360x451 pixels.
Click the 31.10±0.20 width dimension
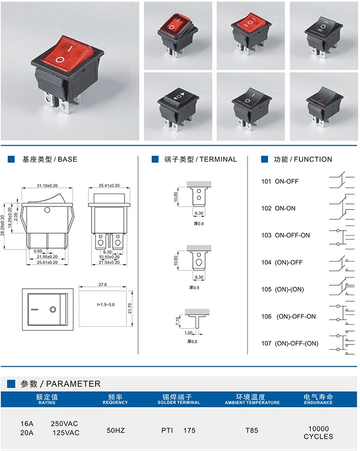[47, 185]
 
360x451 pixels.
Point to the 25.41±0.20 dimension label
[109, 185]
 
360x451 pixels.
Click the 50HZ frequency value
[115, 430]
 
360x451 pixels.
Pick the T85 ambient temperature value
[251, 430]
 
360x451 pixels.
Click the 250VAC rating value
[64, 423]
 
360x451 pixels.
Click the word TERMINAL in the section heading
[218, 160]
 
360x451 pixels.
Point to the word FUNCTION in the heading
[313, 160]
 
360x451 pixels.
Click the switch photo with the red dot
[322, 106]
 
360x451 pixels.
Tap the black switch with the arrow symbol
[176, 106]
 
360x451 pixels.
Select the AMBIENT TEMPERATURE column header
[252, 403]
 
